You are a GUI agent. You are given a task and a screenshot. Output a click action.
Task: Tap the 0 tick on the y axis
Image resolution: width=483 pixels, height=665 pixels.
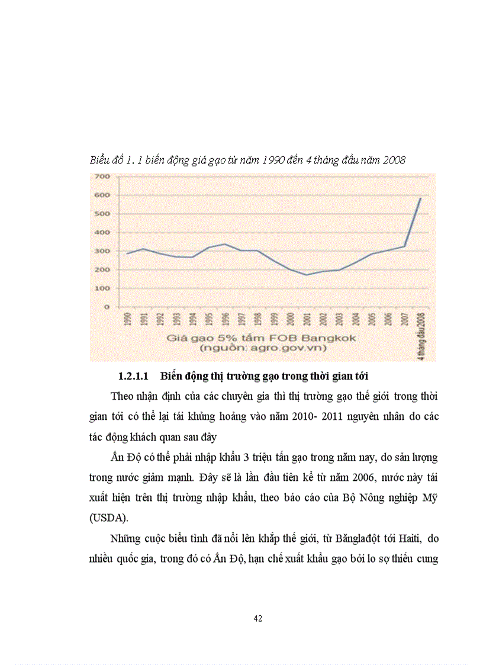(x=107, y=307)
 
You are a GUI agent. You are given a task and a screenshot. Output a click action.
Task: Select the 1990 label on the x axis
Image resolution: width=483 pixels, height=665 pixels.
(x=127, y=320)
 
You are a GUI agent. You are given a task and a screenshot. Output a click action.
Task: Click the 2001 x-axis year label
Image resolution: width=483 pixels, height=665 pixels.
(x=307, y=320)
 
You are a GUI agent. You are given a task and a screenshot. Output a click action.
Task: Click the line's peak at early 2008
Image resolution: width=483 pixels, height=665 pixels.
(x=420, y=198)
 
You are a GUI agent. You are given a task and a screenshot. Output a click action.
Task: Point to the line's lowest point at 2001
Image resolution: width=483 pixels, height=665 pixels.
(x=307, y=275)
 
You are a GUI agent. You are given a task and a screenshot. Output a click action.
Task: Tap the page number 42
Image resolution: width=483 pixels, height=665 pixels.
(x=257, y=619)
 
